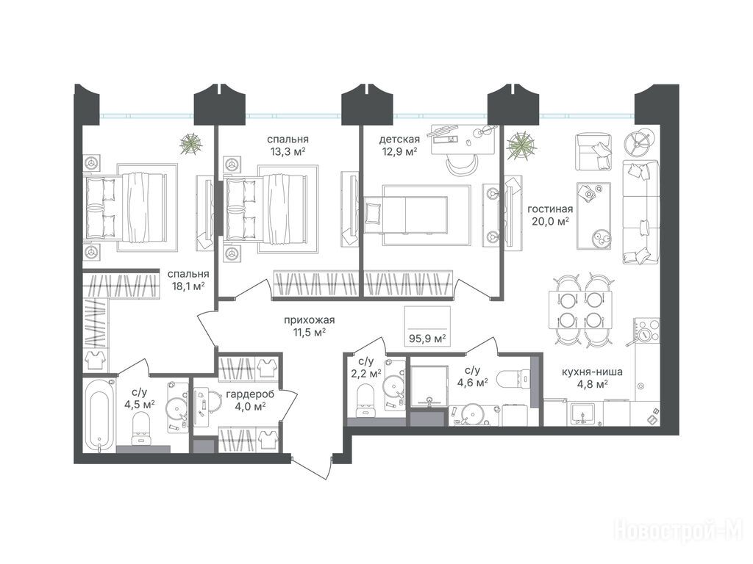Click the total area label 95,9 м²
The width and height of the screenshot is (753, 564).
[427, 339]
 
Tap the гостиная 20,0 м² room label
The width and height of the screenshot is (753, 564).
[550, 215]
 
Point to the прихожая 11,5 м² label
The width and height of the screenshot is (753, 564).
[309, 325]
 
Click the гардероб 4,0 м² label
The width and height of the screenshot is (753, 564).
[250, 400]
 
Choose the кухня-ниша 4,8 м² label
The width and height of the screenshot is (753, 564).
[592, 377]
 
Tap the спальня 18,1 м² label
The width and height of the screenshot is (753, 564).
[188, 280]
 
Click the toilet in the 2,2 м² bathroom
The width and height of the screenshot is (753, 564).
[365, 401]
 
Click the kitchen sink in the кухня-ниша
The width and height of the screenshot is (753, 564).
[582, 413]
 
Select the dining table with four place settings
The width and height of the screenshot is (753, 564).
[581, 311]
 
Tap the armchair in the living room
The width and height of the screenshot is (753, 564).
[593, 151]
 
